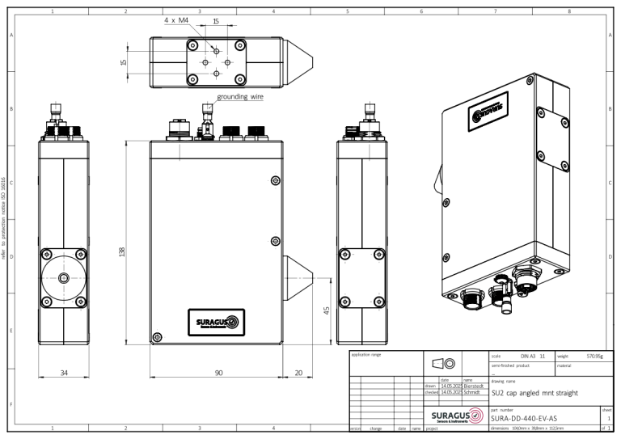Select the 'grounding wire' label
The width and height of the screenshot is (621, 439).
coord(240,96)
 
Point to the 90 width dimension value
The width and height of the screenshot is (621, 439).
coord(218,374)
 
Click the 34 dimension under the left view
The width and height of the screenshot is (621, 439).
coord(64,374)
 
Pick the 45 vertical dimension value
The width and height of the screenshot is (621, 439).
coord(326,311)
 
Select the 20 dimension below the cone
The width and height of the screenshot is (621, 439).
coord(298,374)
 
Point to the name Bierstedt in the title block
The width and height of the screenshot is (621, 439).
coord(474,386)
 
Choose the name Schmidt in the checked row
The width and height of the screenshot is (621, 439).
coord(474,392)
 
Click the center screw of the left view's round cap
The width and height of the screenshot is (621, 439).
coord(64,277)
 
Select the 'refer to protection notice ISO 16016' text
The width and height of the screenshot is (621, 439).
coord(6,218)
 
